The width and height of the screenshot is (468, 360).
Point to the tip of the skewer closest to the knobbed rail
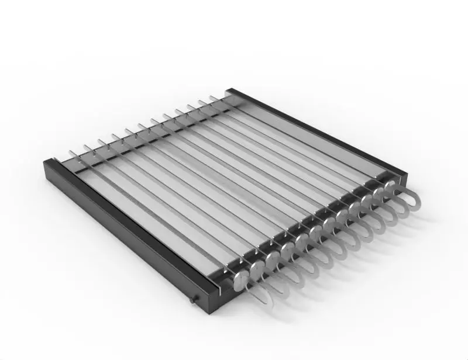pyautogui.click(x=71, y=153)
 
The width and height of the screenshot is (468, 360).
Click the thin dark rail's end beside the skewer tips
pyautogui.click(x=229, y=91)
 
